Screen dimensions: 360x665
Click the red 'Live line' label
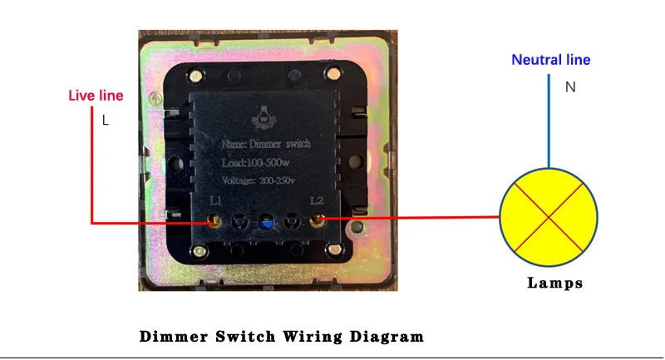coord(96,96)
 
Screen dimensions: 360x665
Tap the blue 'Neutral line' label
coord(550,60)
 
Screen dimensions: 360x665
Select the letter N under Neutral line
coord(570,86)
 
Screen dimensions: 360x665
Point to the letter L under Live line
coord(106,121)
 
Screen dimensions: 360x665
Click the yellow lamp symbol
coord(548,217)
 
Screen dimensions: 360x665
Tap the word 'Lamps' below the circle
coord(555,283)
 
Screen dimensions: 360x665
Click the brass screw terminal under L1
coord(214,221)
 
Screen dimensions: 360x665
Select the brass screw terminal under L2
coord(317,221)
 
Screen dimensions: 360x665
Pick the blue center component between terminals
coord(266,222)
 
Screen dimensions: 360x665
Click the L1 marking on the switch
coord(215,201)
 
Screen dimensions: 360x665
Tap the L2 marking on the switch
coord(316,201)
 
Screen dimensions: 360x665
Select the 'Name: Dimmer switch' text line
coord(266,145)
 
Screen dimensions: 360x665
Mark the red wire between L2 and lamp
coord(407,219)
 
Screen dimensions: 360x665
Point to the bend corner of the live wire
coord(91,222)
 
